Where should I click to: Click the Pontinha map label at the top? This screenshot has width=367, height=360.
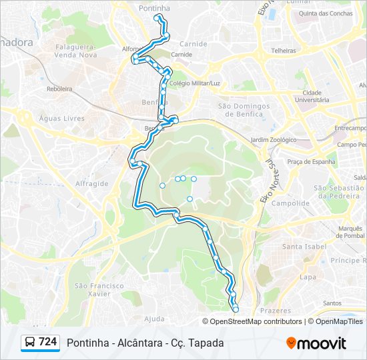point(154,8)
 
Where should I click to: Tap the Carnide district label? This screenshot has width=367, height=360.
point(194,44)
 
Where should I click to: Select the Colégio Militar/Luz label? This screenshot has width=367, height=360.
point(195,83)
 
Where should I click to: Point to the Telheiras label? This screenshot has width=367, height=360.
point(284,50)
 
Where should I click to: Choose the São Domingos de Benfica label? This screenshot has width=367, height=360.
point(244,109)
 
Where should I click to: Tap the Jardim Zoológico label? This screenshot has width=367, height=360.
point(273,140)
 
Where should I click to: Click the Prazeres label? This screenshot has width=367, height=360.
point(276,311)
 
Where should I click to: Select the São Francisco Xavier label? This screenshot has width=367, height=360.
point(99,289)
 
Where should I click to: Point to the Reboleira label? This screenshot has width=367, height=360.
point(59,89)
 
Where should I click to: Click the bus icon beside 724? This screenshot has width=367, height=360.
point(30,342)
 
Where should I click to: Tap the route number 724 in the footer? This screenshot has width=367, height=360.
point(47,342)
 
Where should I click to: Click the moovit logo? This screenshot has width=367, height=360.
point(316,343)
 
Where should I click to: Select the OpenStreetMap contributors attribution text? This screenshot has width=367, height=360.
point(256,321)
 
